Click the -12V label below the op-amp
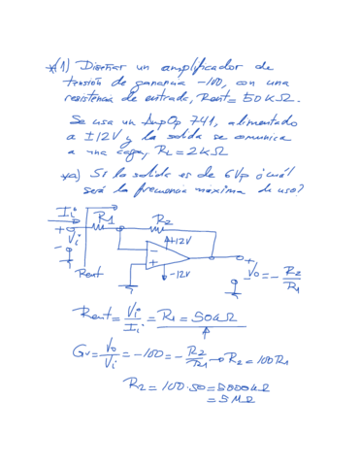click(179, 276)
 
